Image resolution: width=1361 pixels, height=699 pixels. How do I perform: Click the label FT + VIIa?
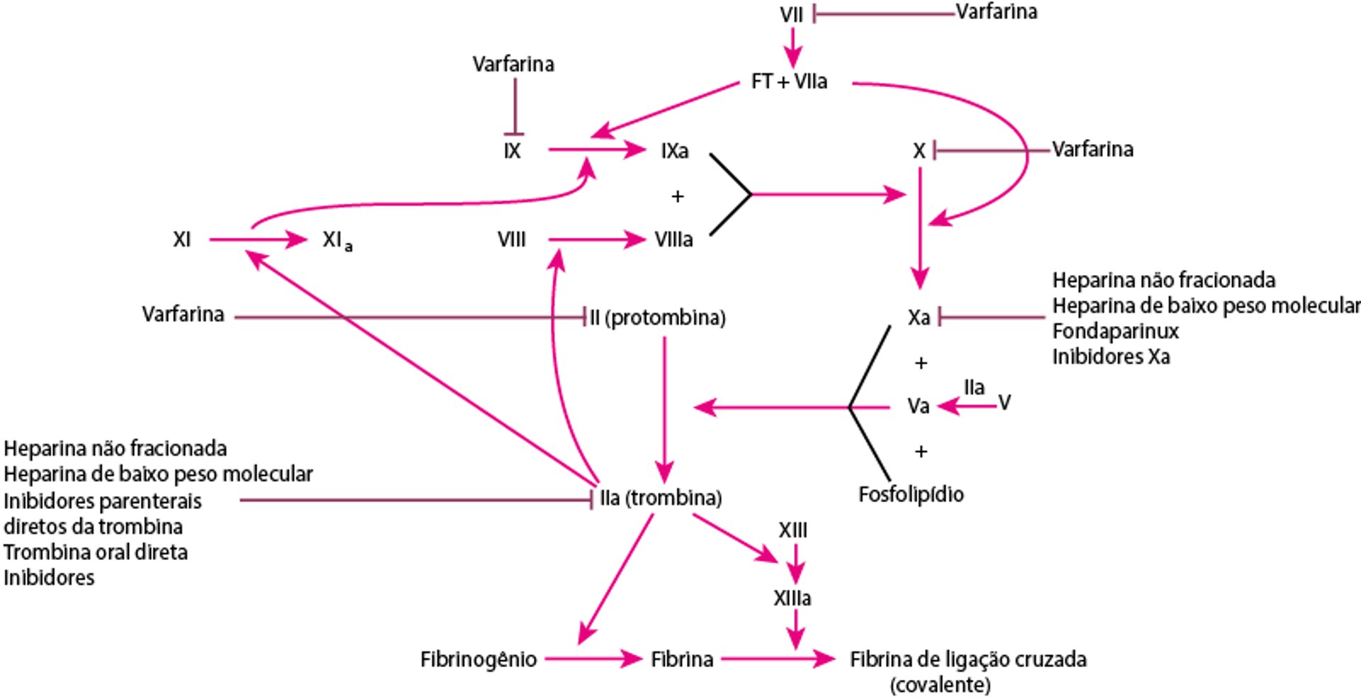tap(789, 82)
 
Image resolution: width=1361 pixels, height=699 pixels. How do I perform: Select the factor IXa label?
tap(674, 151)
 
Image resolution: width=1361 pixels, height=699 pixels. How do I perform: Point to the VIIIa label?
tap(673, 240)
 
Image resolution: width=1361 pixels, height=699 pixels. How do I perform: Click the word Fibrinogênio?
tap(478, 659)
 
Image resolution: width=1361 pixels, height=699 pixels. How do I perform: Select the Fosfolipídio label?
tap(911, 494)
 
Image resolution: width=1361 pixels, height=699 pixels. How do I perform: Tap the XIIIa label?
tap(792, 598)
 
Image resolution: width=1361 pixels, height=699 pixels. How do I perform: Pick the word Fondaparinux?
tap(1115, 331)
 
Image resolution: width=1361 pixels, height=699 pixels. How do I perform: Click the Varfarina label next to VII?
tap(996, 12)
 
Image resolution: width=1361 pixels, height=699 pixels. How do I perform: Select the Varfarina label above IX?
tap(513, 65)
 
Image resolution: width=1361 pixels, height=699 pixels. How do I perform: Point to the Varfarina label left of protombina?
tap(183, 314)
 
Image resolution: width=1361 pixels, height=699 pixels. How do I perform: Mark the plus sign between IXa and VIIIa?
tap(678, 196)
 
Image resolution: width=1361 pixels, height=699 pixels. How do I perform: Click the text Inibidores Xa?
tap(1111, 357)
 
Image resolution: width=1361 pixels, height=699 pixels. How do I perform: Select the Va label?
tap(919, 406)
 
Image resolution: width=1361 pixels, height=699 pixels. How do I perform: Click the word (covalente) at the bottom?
tap(940, 685)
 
